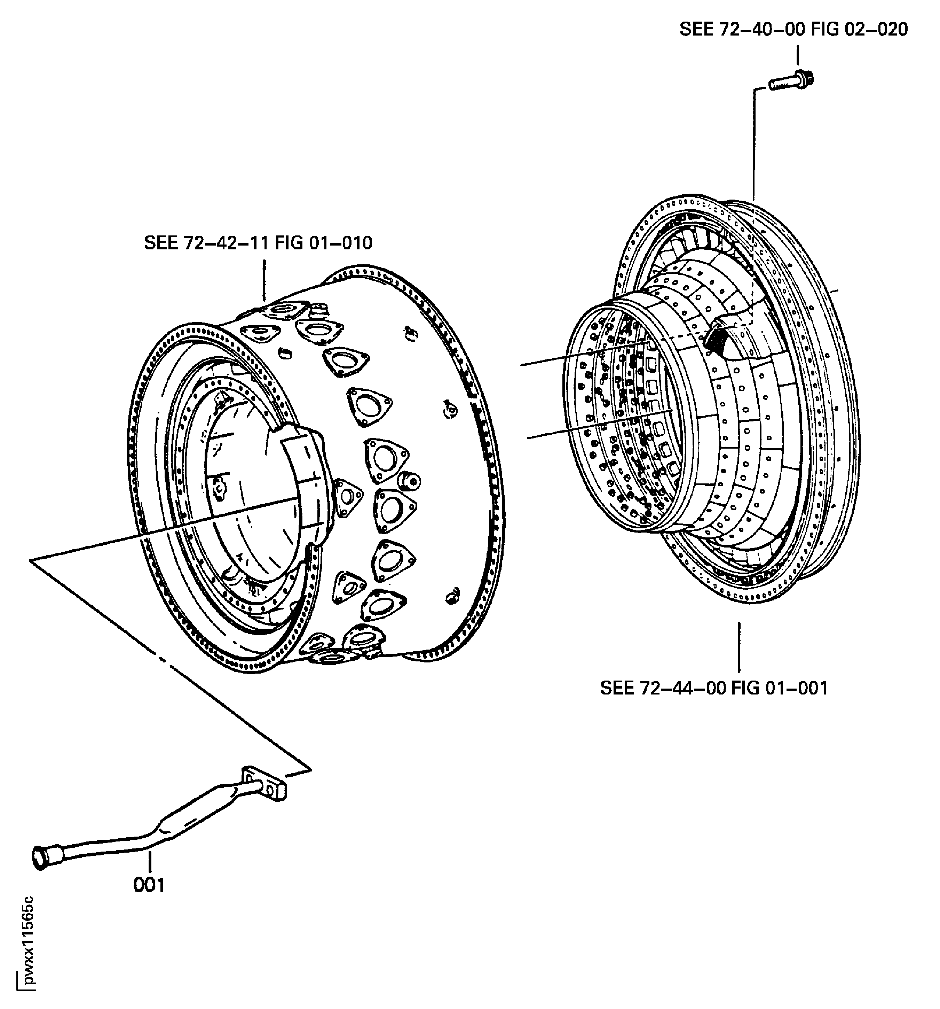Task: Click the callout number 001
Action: click(x=149, y=885)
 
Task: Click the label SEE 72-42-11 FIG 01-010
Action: click(x=258, y=243)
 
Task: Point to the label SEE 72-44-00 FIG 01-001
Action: click(x=713, y=688)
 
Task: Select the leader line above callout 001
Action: click(x=150, y=861)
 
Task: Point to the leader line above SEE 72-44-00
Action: click(x=739, y=647)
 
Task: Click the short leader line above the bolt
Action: click(x=797, y=55)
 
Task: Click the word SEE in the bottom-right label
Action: click(x=617, y=688)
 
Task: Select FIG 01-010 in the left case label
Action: click(x=323, y=243)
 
